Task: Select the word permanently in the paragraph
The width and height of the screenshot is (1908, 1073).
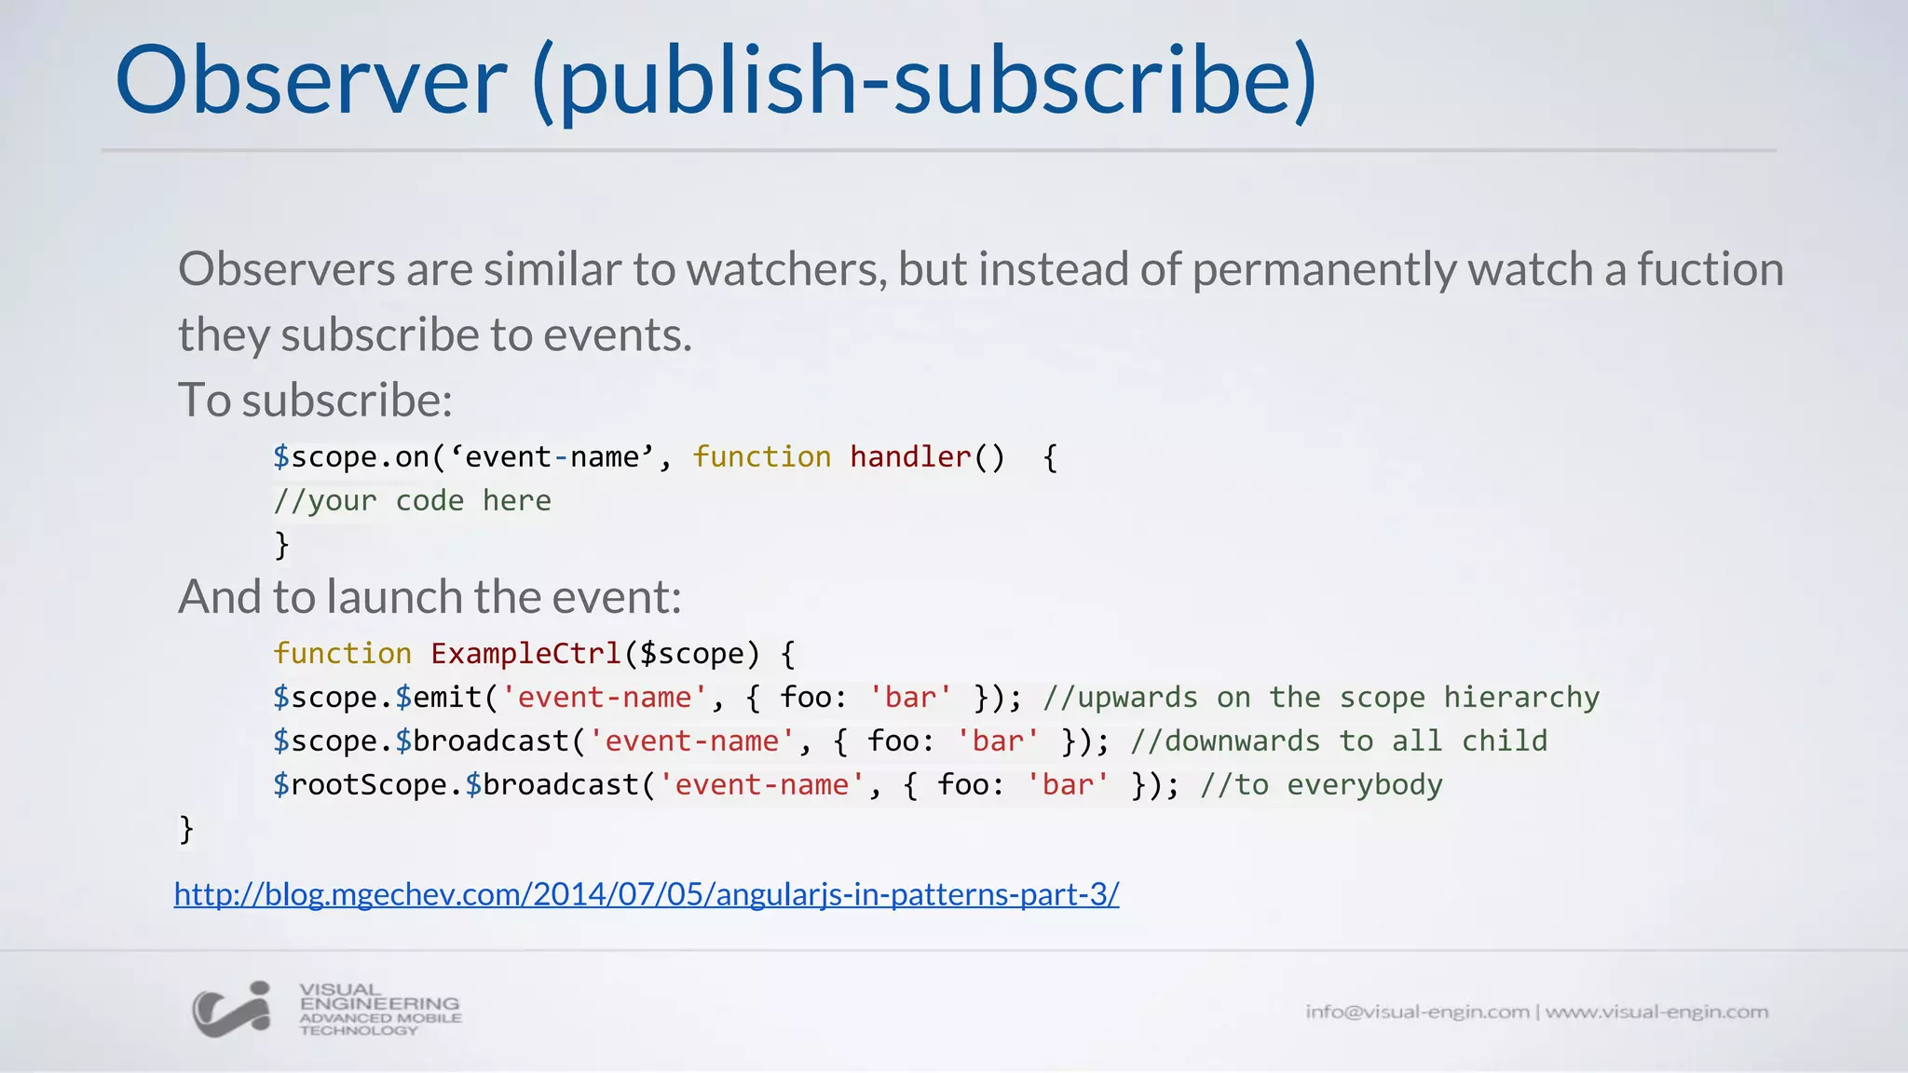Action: point(1324,269)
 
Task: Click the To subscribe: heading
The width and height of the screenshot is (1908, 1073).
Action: point(315,400)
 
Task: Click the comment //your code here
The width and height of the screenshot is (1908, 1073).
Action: point(412,500)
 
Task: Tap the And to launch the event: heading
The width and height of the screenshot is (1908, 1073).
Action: point(429,596)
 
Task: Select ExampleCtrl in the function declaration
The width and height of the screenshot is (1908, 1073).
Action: point(525,653)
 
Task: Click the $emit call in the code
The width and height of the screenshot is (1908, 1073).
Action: point(438,697)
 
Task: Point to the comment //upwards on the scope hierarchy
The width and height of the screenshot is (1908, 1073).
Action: point(1320,697)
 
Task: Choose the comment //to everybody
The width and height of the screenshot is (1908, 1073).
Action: point(1320,784)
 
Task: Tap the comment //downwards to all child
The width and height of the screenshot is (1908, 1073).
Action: point(1338,740)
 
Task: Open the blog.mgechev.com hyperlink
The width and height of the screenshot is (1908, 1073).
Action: point(646,894)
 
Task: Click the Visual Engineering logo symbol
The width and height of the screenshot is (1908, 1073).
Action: point(231,1010)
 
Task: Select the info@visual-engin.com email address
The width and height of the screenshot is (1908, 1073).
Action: point(1416,1012)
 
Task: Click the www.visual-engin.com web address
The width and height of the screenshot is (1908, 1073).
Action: point(1656,1012)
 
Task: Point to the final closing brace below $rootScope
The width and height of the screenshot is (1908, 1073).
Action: point(186,828)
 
